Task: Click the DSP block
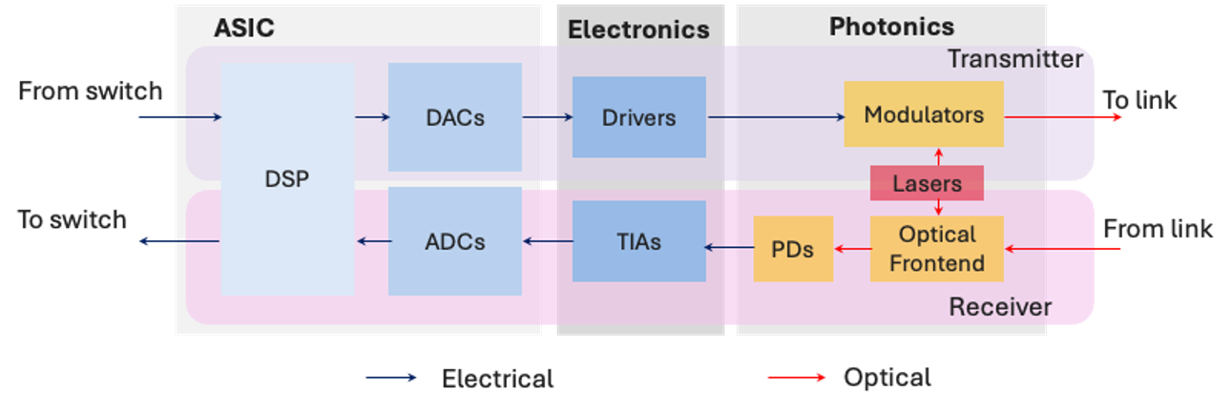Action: [x=287, y=179]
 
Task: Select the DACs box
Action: [x=454, y=117]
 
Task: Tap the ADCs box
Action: [x=454, y=241]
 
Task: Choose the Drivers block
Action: [x=638, y=117]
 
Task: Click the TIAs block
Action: [x=638, y=241]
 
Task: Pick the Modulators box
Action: [x=923, y=114]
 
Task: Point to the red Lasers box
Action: [x=926, y=183]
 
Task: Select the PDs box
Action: [x=793, y=249]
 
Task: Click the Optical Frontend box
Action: [x=936, y=249]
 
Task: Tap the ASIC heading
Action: [x=245, y=28]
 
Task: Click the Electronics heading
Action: [x=638, y=30]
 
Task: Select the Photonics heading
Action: [x=891, y=26]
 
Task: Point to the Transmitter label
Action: [x=1014, y=59]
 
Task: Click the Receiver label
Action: [x=1000, y=307]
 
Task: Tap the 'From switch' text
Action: [x=91, y=92]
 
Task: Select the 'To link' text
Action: [x=1139, y=99]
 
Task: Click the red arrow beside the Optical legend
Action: [x=797, y=378]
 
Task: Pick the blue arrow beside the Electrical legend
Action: [x=391, y=378]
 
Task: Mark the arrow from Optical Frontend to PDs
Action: [x=851, y=249]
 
